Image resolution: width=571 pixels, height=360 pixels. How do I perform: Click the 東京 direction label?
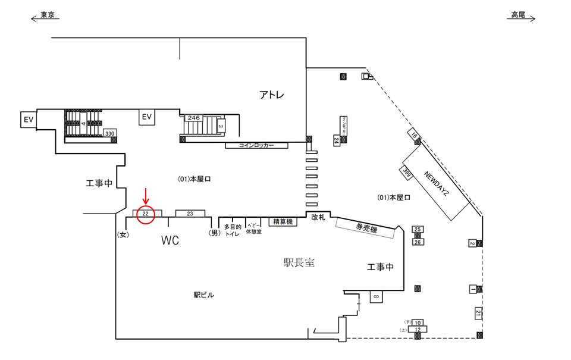47,15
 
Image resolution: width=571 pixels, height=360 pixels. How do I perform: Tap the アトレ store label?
272,95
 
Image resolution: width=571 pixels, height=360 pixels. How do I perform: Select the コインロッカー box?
256,145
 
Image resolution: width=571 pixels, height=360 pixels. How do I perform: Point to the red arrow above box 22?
146,196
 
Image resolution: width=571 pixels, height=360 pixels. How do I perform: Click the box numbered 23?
190,213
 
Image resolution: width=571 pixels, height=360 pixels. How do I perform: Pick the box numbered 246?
194,118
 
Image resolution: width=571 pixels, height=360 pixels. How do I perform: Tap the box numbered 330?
109,133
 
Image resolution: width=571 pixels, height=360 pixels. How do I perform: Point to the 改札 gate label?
319,217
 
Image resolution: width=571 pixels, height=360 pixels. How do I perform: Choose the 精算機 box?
283,221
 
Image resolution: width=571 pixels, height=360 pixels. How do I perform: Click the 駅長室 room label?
299,262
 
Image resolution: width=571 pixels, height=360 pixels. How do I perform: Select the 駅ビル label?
203,295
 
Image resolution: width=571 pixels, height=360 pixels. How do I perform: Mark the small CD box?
376,296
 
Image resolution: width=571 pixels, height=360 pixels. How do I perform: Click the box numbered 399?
407,173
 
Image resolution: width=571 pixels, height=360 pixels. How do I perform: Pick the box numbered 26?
418,242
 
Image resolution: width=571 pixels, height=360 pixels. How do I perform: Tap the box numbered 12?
418,329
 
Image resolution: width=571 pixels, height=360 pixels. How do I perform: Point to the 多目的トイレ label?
232,230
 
